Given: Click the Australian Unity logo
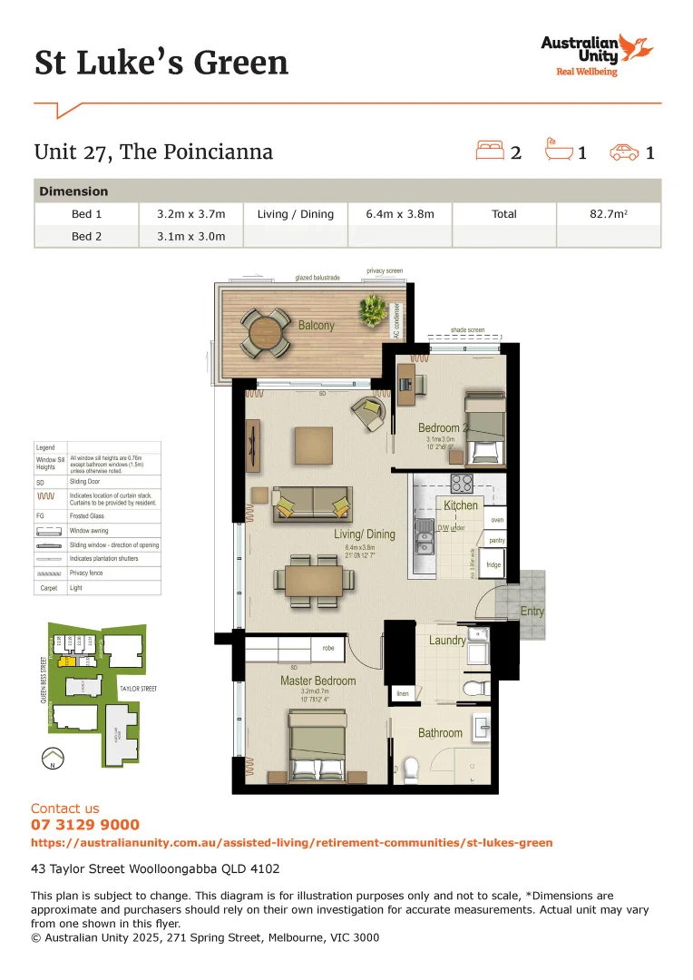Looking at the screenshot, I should coord(595,54).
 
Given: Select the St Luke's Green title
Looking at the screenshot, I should coord(161,63).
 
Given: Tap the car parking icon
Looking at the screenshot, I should coord(623,152).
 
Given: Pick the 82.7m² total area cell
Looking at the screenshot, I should coord(608,214).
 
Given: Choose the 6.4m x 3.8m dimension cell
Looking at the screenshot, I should coord(399,214).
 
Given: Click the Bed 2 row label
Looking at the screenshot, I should coord(87,237).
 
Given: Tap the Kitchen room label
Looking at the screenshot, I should coord(461,505).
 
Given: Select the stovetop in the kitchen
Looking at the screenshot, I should coord(462,484).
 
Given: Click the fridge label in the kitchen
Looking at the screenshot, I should coord(493,564).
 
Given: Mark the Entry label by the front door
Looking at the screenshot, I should coord(532,612).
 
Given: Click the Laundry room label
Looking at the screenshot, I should coord(447,641).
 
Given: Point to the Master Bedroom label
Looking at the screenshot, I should coord(317,681).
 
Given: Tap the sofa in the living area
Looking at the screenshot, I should coord(312,503).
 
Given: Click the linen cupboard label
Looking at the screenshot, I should coord(403,694).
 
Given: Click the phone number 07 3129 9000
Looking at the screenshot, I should coord(85,825).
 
